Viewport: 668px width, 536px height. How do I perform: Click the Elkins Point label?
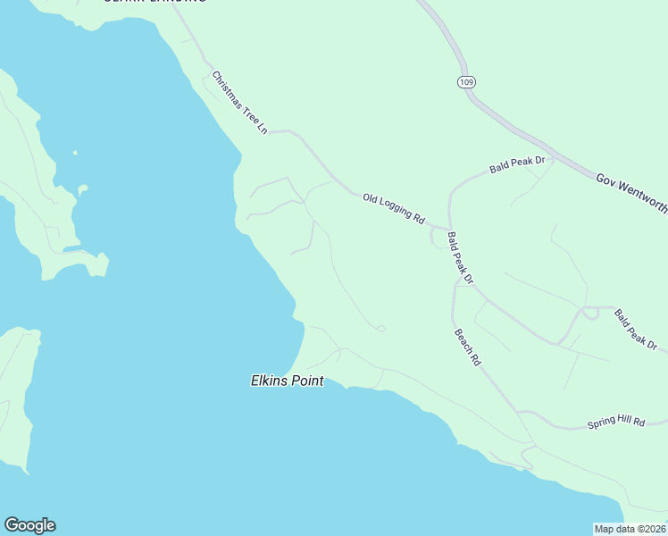click(286, 381)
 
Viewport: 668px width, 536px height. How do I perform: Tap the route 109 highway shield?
click(465, 82)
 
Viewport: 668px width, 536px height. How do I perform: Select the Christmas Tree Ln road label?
click(240, 104)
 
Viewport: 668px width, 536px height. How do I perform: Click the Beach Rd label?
click(468, 348)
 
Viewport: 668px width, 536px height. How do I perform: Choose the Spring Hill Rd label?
click(615, 422)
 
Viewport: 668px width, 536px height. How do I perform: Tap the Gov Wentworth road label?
click(630, 192)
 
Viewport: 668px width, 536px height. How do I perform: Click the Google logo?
click(29, 525)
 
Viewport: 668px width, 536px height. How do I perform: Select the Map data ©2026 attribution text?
click(630, 529)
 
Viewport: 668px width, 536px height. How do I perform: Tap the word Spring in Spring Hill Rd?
click(601, 423)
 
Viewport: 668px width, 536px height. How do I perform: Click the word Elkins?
click(268, 381)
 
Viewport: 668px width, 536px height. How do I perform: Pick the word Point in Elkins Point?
click(305, 381)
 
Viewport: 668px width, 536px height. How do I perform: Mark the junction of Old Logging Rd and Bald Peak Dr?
click(447, 227)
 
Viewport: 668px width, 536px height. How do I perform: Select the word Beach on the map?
click(464, 342)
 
